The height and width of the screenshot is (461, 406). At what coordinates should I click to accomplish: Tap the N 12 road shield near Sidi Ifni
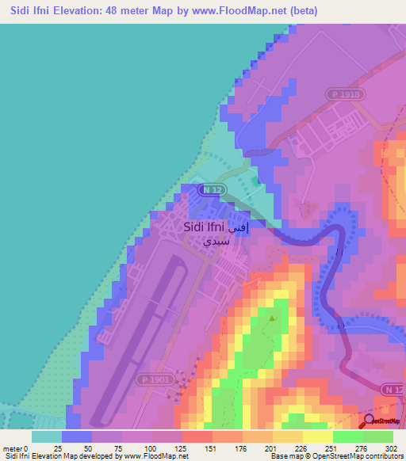click(211, 190)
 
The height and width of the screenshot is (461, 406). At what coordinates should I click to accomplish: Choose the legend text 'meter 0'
click(16, 449)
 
